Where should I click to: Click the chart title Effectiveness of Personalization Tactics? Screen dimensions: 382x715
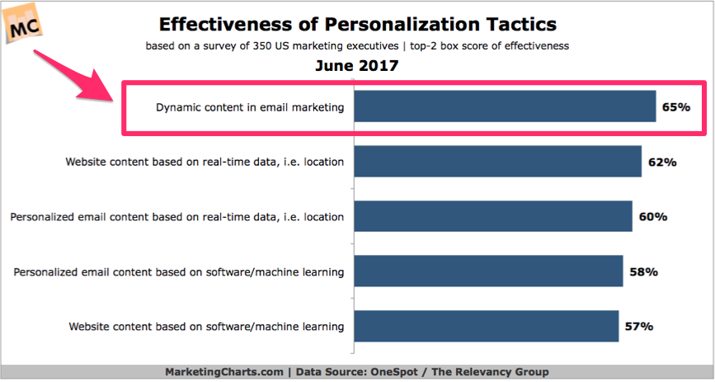357,24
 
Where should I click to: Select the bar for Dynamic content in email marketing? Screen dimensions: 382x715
505,106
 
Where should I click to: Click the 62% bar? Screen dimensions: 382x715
497,162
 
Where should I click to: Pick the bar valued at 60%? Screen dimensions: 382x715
492,216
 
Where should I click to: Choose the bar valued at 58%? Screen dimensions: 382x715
487,271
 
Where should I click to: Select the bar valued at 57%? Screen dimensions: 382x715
486,326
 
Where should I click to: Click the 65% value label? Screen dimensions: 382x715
675,107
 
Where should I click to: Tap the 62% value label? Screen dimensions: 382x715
661,163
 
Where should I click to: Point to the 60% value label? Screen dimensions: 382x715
652,217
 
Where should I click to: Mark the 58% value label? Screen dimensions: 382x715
642,271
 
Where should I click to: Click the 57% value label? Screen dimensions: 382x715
638,327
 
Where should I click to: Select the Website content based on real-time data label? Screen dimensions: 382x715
205,162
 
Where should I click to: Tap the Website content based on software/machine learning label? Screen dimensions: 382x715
207,327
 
